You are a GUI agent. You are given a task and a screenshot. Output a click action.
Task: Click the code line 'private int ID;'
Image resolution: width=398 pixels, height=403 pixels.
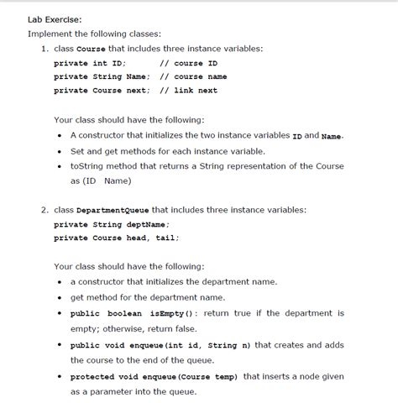click(90, 63)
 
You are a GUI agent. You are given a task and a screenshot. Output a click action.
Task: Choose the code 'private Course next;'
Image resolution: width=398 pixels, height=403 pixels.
click(102, 90)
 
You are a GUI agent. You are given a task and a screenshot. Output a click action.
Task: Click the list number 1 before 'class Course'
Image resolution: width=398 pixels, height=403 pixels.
click(45, 49)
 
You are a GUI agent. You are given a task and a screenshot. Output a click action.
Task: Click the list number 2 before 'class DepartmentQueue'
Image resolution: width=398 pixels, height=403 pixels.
click(45, 210)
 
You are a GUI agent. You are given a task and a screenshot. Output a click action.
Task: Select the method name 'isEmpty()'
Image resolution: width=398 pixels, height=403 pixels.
click(171, 313)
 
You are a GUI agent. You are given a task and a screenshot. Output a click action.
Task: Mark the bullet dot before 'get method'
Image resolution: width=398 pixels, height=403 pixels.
click(60, 297)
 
